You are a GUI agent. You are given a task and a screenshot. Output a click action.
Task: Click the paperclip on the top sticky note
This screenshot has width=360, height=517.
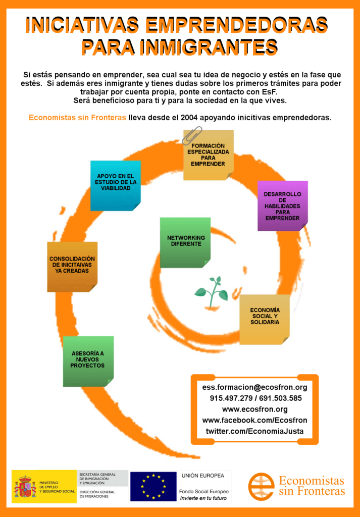click(191, 135)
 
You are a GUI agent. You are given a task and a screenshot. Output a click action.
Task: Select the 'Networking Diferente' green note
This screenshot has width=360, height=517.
click(185, 242)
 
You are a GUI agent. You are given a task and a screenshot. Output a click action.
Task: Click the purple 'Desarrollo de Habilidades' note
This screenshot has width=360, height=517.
click(283, 206)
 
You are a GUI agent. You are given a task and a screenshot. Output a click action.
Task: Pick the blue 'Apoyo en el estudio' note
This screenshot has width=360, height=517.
click(116, 186)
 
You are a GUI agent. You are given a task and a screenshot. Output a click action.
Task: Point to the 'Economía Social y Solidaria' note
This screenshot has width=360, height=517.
click(265, 320)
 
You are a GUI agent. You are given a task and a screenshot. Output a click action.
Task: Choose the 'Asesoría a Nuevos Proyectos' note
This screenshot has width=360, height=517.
click(88, 361)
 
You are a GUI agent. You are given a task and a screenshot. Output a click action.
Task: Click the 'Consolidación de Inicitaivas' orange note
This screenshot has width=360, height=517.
click(72, 267)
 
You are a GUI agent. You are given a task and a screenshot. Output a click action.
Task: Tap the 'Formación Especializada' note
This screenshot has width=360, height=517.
click(209, 155)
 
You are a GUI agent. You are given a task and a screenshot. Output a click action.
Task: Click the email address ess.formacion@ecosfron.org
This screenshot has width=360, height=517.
click(254, 387)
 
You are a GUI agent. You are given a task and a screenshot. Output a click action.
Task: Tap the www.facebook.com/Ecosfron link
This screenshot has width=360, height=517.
click(254, 421)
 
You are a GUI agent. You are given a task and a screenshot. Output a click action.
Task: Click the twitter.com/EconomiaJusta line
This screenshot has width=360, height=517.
click(254, 431)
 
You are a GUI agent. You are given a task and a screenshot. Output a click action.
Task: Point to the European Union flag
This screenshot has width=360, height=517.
click(153, 486)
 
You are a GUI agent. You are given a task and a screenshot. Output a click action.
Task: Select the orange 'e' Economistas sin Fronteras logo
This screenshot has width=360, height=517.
click(261, 486)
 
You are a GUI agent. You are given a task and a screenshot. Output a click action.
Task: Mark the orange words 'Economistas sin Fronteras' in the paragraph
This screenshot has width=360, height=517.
click(77, 118)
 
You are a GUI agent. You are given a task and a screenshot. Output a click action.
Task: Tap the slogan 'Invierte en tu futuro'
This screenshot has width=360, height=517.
click(203, 498)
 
